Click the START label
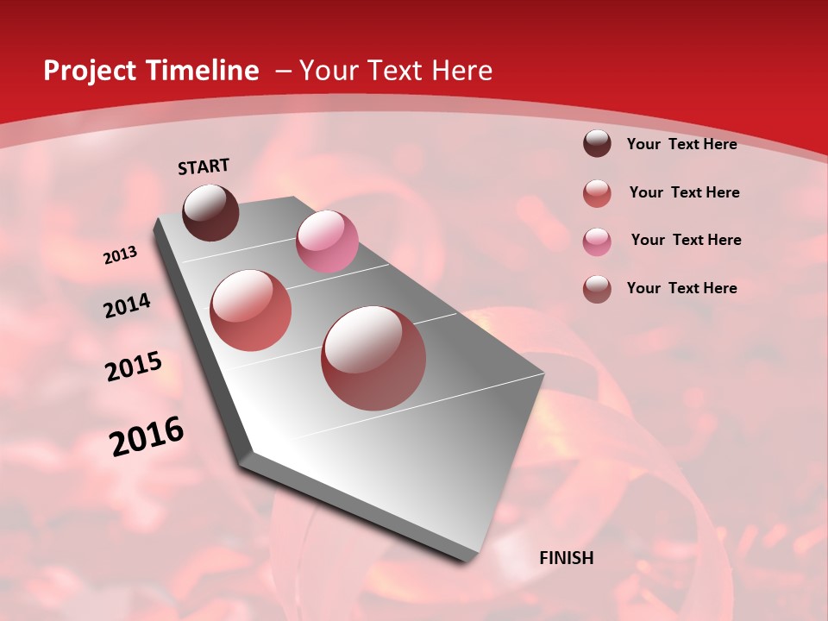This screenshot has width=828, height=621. (204, 166)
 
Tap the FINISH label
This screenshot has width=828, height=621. (566, 558)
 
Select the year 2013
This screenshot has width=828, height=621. (120, 255)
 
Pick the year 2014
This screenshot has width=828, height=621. (127, 305)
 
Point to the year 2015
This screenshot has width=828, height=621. (134, 367)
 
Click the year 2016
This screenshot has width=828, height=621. (147, 436)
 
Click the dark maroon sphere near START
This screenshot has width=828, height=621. (210, 212)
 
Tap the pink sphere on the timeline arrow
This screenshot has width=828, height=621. (327, 241)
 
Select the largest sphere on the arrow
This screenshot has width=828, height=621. (373, 357)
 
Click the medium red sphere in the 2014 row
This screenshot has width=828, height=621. (251, 310)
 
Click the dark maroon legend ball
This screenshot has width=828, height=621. (597, 144)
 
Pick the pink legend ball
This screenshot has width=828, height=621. (597, 241)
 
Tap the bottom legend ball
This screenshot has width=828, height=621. (597, 289)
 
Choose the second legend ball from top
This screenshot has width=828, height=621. (597, 193)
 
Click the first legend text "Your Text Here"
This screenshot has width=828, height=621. (681, 144)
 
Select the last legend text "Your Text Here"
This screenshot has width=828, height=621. (681, 288)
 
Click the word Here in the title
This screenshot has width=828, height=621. (461, 71)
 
